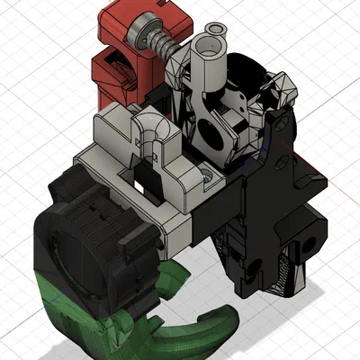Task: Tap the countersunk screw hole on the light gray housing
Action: pyautogui.click(x=209, y=176)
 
